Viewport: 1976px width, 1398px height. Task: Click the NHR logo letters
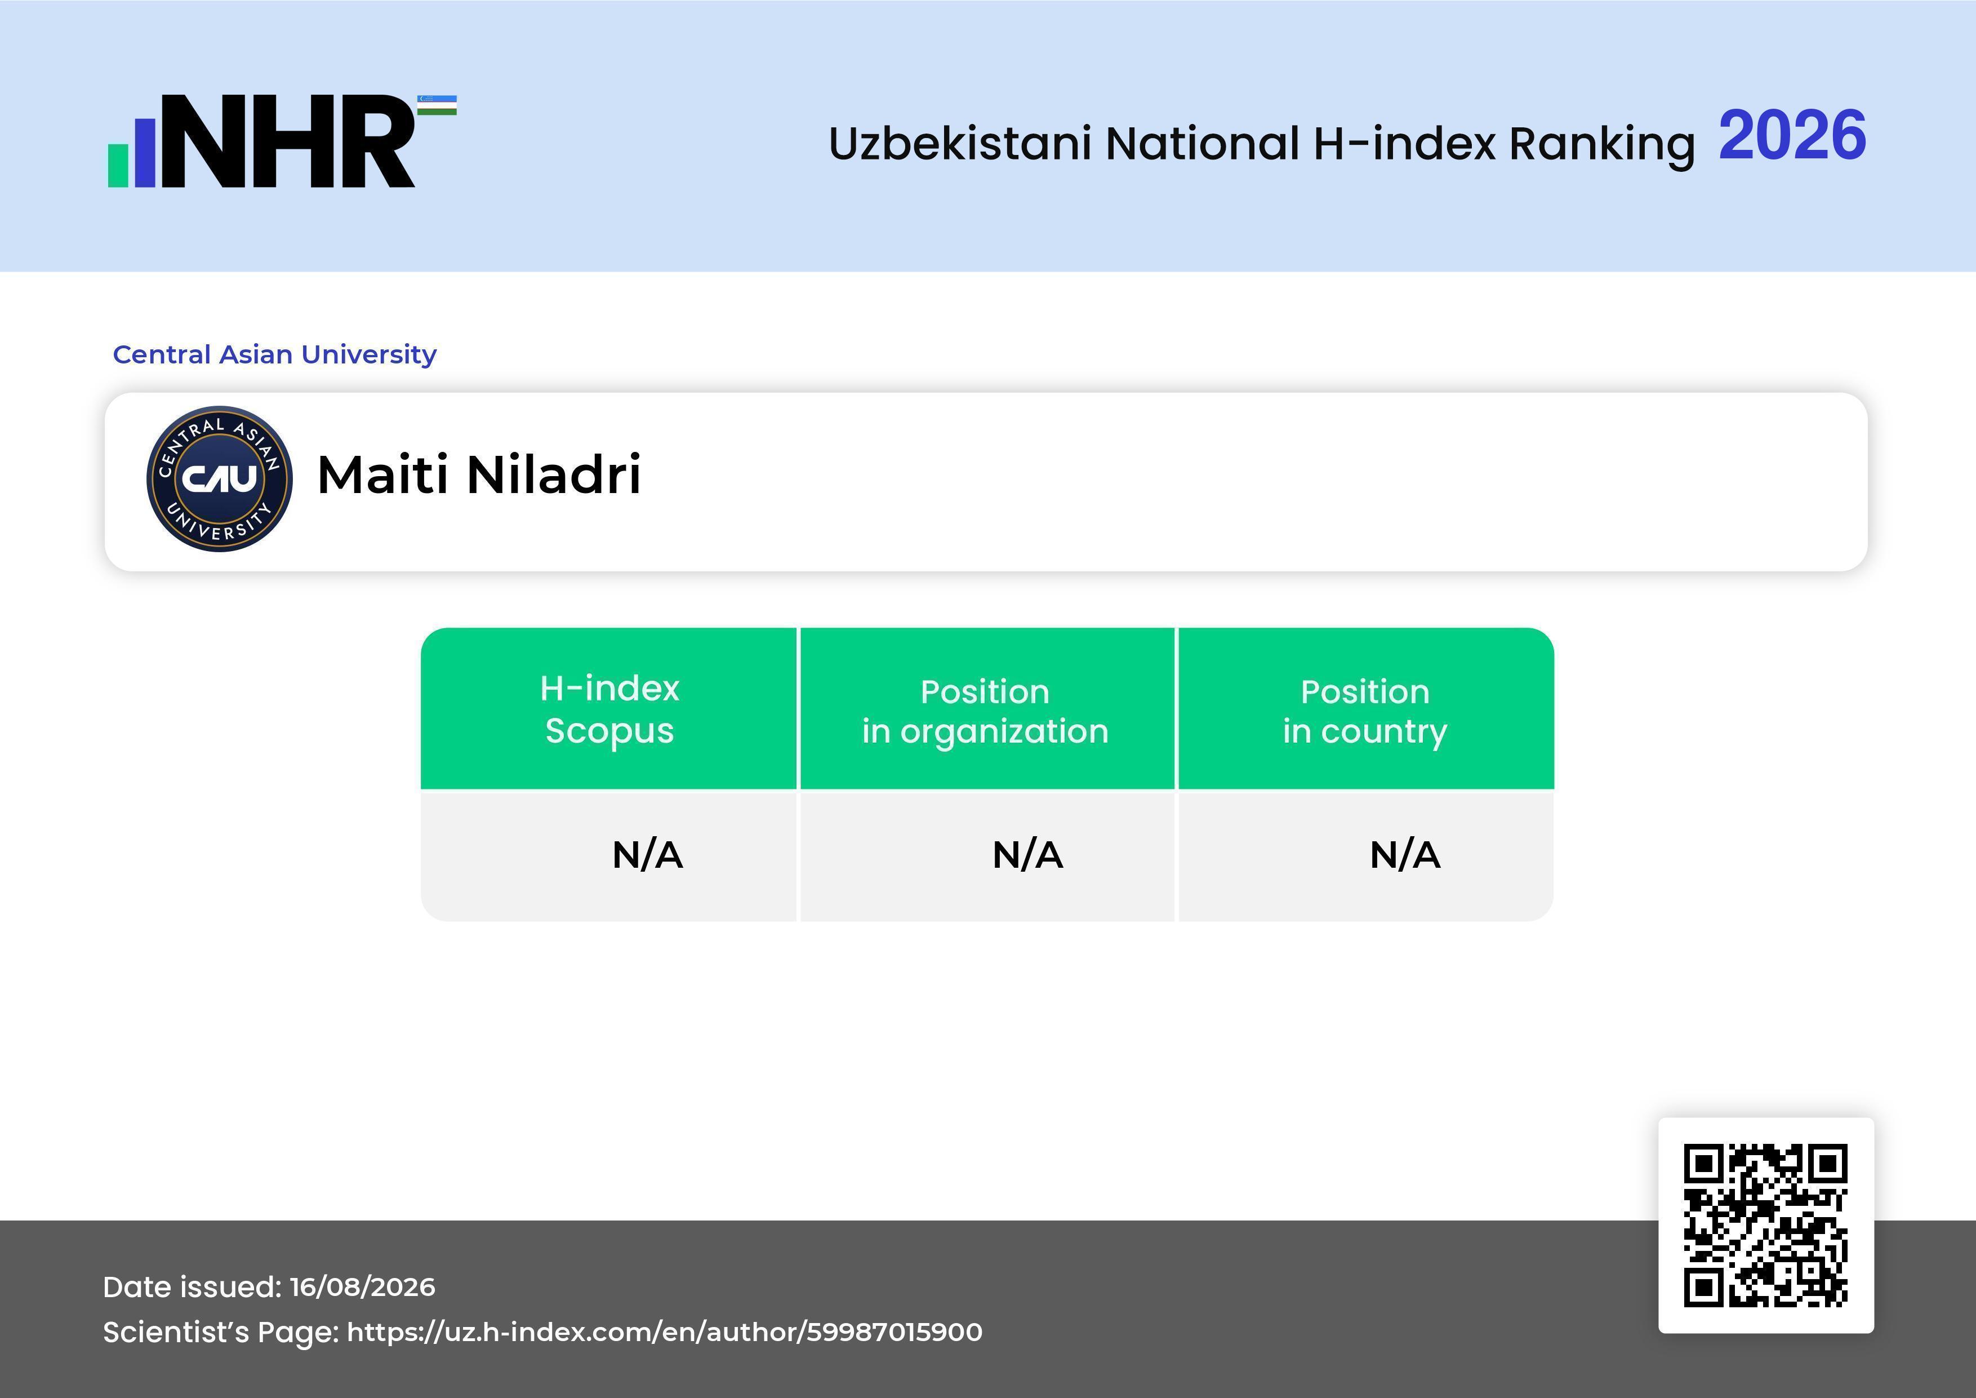click(x=288, y=141)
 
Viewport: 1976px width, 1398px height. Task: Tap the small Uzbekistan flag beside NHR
click(x=437, y=105)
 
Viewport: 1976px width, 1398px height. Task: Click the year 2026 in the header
click(x=1792, y=136)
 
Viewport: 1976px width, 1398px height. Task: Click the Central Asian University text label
click(x=274, y=354)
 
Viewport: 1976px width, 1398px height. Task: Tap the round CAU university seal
click(x=220, y=478)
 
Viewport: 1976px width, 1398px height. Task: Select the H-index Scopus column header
click(x=609, y=709)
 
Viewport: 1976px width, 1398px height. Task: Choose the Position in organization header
click(x=985, y=711)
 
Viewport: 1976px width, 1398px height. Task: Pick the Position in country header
click(x=1365, y=711)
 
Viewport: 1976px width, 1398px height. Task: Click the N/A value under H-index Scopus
click(x=647, y=855)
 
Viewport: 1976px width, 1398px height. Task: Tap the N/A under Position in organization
click(x=1027, y=855)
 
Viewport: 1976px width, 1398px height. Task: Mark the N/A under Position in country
click(x=1404, y=855)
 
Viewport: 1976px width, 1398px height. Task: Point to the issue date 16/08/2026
click(x=362, y=1287)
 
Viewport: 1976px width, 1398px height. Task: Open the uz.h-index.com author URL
click(x=665, y=1332)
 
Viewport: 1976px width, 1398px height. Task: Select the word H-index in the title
click(x=1404, y=143)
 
